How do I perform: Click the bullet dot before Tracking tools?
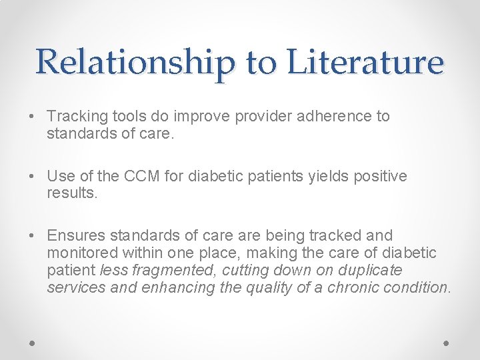click(x=33, y=117)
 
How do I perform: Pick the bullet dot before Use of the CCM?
click(x=33, y=177)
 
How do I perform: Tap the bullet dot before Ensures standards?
click(x=33, y=236)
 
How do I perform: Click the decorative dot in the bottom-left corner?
click(x=33, y=343)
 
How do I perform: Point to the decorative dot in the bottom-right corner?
click(x=447, y=343)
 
